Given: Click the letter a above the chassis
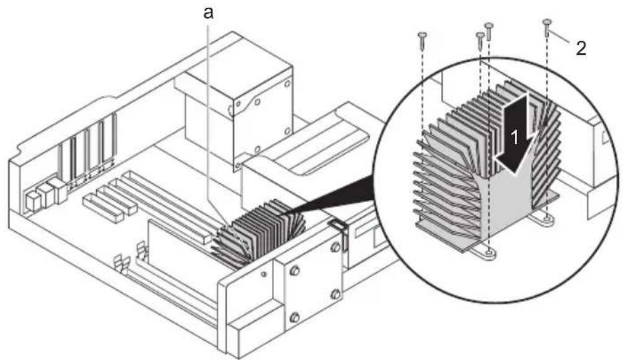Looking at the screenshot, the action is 209,13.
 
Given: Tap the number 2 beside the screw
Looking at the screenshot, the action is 581,49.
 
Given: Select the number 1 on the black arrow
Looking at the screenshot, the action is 514,138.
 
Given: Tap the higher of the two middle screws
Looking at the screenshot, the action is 489,31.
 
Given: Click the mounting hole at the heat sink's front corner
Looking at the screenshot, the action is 489,251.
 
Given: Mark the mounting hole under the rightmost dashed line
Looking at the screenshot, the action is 548,218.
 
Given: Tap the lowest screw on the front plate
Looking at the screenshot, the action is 294,317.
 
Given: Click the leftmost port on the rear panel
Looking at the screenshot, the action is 31,201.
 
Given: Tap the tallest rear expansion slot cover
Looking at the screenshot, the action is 107,139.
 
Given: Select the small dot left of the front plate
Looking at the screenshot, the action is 263,274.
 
